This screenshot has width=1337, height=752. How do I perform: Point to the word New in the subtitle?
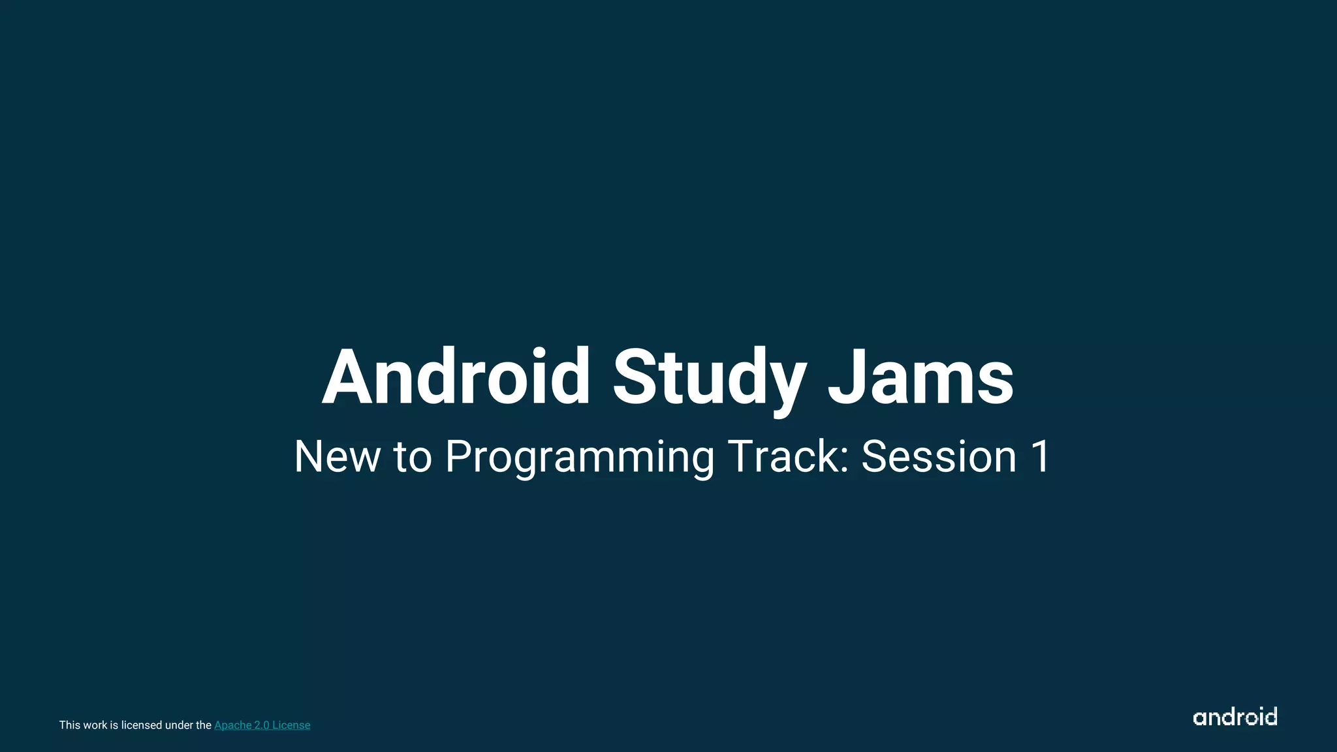coord(337,456)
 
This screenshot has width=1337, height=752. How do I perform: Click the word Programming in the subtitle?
coord(580,458)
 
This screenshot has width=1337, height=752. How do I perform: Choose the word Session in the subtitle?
coord(939,456)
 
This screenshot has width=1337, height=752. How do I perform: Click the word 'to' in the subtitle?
coord(413,457)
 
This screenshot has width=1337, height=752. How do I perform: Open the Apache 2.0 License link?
coord(262,725)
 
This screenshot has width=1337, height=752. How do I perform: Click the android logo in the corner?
coord(1235,717)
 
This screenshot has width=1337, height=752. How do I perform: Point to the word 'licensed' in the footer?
coord(142,725)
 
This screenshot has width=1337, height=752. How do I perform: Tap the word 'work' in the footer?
coord(95,725)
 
